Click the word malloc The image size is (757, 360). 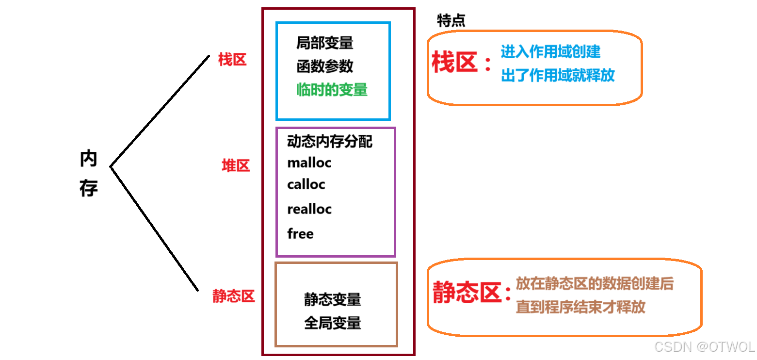pyautogui.click(x=309, y=163)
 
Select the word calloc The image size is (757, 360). pyautogui.click(x=306, y=185)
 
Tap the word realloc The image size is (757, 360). pyautogui.click(x=309, y=210)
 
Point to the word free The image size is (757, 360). pyautogui.click(x=300, y=234)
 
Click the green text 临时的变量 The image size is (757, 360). pyautogui.click(x=332, y=90)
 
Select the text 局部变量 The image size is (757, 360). pyautogui.click(x=325, y=43)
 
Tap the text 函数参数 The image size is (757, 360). pyautogui.click(x=325, y=66)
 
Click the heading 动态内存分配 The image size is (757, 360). pyautogui.click(x=330, y=142)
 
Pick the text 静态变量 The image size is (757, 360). pyautogui.click(x=333, y=299)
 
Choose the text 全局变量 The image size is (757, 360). pyautogui.click(x=333, y=323)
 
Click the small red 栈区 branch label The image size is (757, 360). pyautogui.click(x=232, y=60)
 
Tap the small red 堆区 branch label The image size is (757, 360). pyautogui.click(x=236, y=166)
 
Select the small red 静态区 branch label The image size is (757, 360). pyautogui.click(x=233, y=296)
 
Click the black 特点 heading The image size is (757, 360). pyautogui.click(x=451, y=20)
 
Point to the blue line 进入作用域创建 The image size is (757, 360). pyautogui.click(x=550, y=51)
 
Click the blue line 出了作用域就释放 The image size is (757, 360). pyautogui.click(x=558, y=75)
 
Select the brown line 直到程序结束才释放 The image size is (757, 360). pyautogui.click(x=580, y=307)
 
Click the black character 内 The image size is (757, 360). pyautogui.click(x=88, y=159)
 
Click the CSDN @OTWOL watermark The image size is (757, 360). pyautogui.click(x=704, y=347)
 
